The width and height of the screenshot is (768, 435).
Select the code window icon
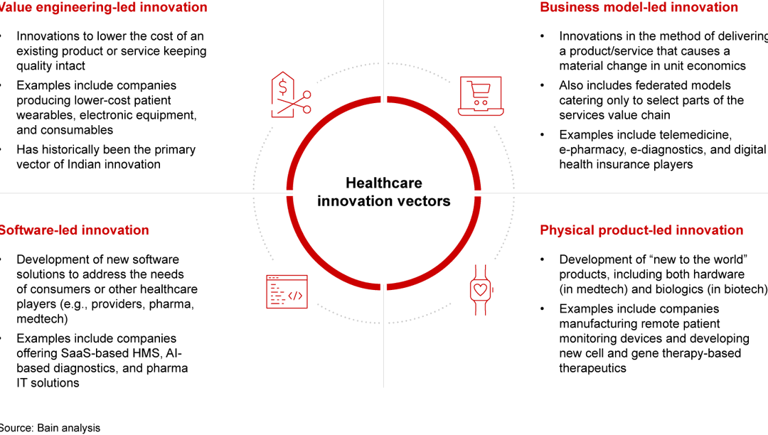pyautogui.click(x=287, y=291)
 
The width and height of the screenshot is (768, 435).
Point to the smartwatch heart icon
pyautogui.click(x=481, y=289)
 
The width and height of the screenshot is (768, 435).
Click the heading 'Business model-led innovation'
pyautogui.click(x=639, y=8)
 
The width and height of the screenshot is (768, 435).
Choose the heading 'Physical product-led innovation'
pyautogui.click(x=641, y=230)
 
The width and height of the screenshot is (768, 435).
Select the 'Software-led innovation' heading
pyautogui.click(x=74, y=230)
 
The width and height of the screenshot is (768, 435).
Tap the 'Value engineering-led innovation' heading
pyautogui.click(x=103, y=8)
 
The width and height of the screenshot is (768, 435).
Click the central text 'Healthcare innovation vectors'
pyautogui.click(x=384, y=192)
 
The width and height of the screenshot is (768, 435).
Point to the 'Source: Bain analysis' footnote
pyautogui.click(x=50, y=428)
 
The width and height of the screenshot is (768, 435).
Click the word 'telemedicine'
pyautogui.click(x=696, y=134)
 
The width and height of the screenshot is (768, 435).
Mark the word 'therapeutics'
pyautogui.click(x=592, y=368)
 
